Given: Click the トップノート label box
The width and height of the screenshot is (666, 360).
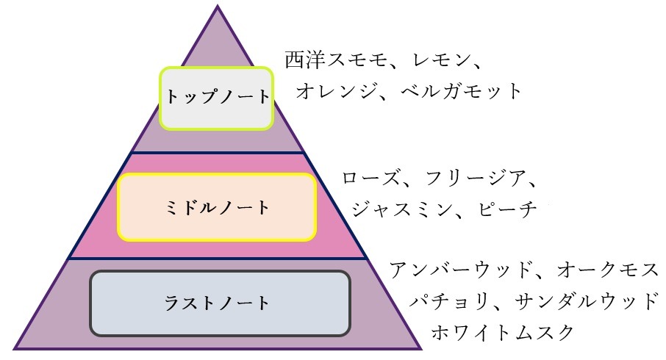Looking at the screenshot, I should pos(217,98).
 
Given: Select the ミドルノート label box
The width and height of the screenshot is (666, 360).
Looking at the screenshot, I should pos(217,208).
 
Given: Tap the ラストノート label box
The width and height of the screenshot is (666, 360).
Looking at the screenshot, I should pos(219,302).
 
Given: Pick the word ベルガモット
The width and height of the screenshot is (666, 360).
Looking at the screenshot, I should pos(463,91).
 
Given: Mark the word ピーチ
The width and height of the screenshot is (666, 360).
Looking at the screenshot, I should pos(509,209).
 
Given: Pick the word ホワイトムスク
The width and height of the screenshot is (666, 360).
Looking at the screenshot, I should pos(503,332).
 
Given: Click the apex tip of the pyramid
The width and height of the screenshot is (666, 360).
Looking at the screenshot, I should pos(218,7).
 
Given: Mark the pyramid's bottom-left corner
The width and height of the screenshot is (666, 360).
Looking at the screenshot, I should pos(15,347).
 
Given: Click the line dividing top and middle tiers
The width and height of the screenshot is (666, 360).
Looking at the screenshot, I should pos(218,154).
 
